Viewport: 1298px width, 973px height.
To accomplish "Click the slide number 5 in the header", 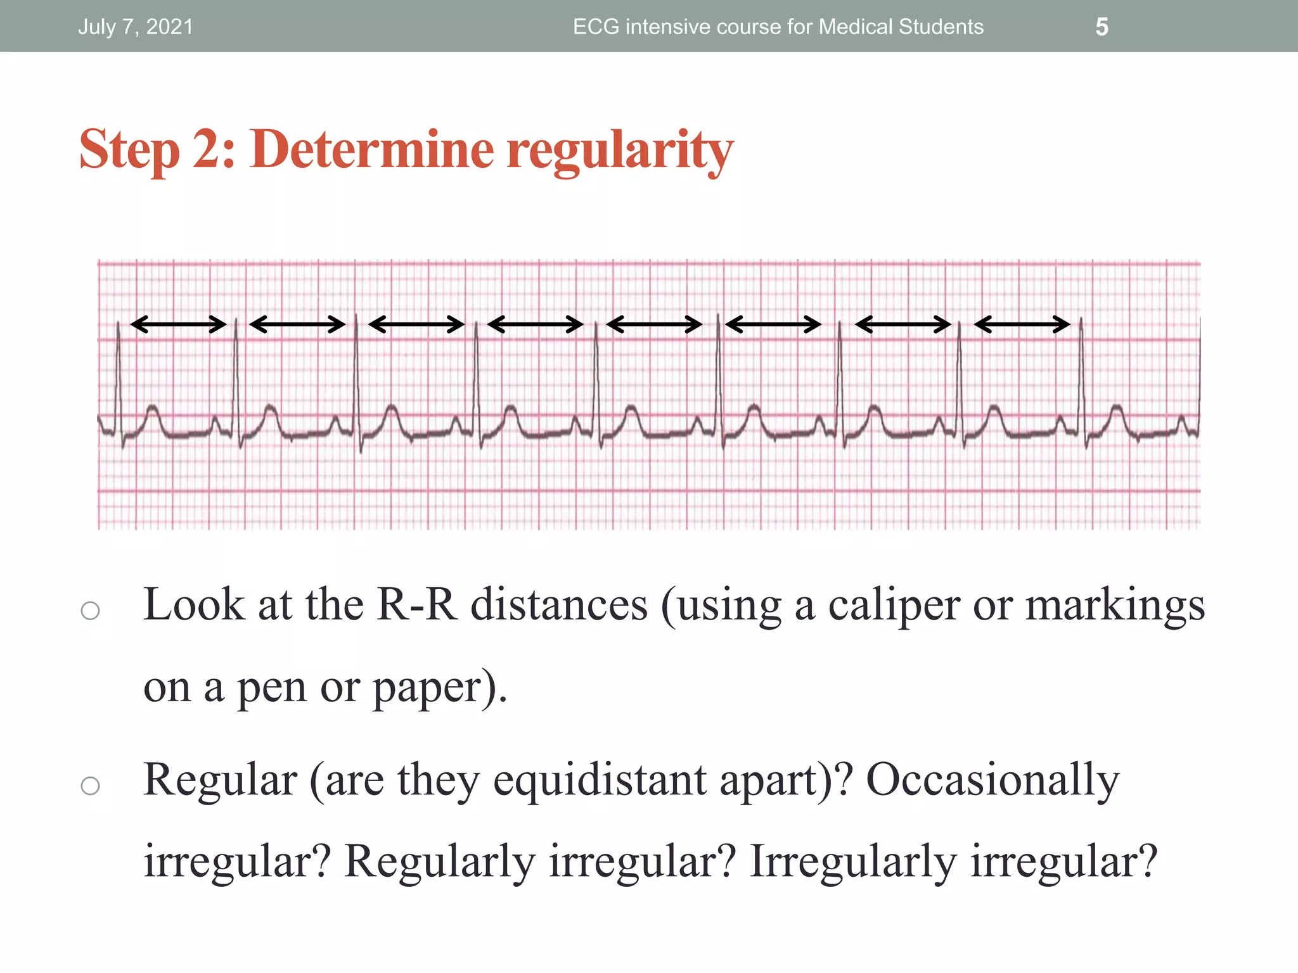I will (1102, 27).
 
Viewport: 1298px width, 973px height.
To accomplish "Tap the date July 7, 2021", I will (135, 27).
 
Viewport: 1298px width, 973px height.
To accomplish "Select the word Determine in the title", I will (371, 149).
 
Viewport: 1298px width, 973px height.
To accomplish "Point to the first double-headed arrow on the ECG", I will (178, 324).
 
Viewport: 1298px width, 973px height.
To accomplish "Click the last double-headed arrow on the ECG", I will (1022, 324).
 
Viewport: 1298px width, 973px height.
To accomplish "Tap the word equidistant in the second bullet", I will (599, 780).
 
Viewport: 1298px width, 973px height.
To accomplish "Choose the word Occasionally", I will (993, 780).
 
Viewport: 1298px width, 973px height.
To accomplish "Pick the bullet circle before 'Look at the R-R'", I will (91, 611).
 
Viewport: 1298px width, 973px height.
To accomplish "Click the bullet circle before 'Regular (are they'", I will (91, 785).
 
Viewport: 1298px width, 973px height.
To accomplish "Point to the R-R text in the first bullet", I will (416, 604).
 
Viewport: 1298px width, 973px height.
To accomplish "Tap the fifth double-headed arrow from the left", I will (654, 324).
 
